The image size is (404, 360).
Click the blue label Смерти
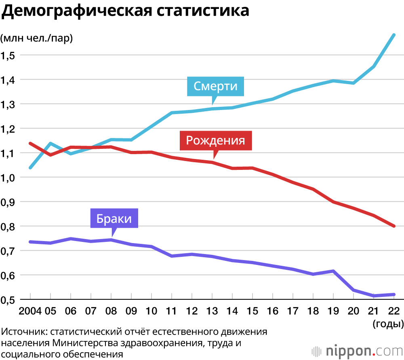tap(215, 86)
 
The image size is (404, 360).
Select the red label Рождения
tap(216, 140)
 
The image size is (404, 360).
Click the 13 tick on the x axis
tap(212, 311)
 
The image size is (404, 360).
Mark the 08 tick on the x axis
tap(111, 311)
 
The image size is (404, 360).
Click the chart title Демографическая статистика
tap(126, 11)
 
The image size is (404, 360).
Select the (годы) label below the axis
tap(387, 324)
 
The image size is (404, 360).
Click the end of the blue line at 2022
tap(394, 35)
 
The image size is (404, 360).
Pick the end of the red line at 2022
tap(394, 226)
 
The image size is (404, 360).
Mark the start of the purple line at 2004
tap(30, 241)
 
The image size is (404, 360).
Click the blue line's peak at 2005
tap(50, 143)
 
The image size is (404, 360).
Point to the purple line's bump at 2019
tap(333, 271)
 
